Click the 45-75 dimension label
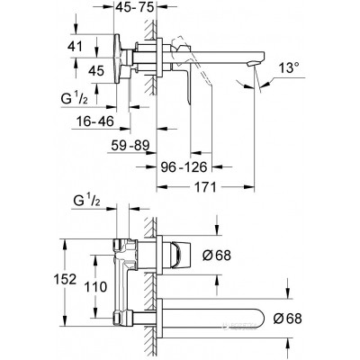click(135, 6)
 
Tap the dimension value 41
click(74, 46)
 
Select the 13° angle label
click(289, 67)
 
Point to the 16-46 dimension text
click(95, 121)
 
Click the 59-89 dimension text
click(130, 146)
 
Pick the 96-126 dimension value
click(183, 166)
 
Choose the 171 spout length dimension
click(205, 187)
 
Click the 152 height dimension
click(65, 279)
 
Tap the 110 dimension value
click(95, 287)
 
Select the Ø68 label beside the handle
click(217, 256)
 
